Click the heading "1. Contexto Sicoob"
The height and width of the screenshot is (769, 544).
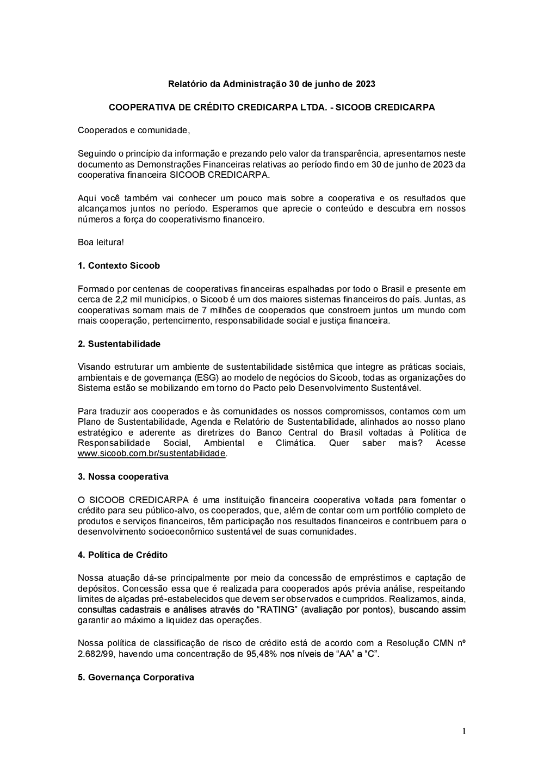click(x=119, y=266)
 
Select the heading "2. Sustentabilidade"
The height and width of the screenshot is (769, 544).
click(x=119, y=344)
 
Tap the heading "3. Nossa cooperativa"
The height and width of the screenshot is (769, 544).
click(x=123, y=477)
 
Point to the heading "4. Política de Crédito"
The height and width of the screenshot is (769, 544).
click(x=122, y=555)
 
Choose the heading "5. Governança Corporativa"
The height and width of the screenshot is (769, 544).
click(x=136, y=678)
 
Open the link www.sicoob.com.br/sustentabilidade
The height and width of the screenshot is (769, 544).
click(x=151, y=454)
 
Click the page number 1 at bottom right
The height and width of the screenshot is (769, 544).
click(x=464, y=731)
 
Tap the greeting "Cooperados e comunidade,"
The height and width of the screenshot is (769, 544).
click(x=134, y=131)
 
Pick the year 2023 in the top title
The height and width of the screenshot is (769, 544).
click(x=366, y=84)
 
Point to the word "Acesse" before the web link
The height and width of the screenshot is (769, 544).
click(x=450, y=443)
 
